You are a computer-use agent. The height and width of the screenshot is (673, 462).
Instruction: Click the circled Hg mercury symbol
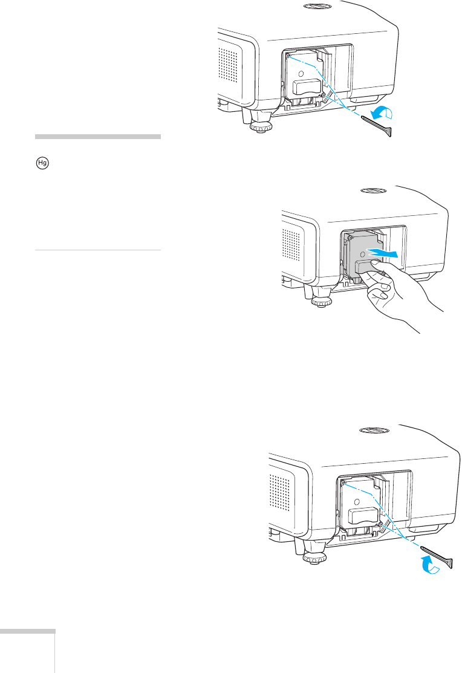[x=42, y=163]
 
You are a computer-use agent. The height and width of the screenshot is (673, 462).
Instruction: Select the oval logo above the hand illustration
[x=373, y=190]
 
